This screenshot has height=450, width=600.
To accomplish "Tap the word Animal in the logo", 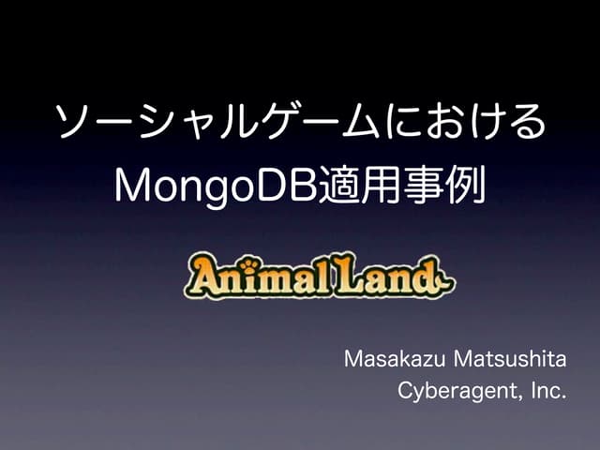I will [x=247, y=276].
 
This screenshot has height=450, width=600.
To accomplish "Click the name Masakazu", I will [x=392, y=359].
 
